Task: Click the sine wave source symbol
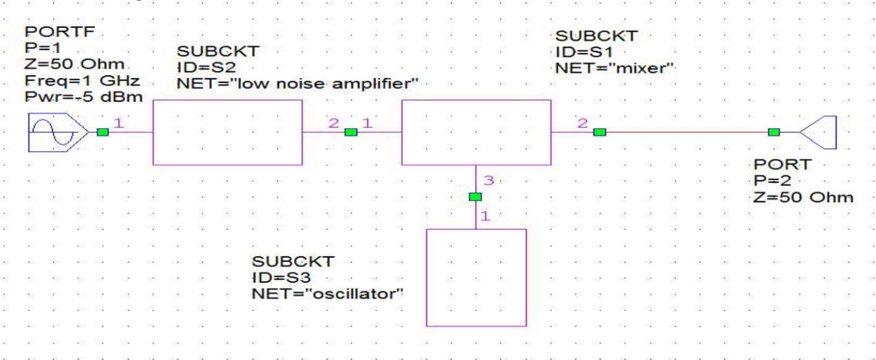coord(54,132)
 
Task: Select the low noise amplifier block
coord(227,132)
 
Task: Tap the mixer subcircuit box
coord(476,132)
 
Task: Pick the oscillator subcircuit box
coord(476,277)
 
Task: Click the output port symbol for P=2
coord(819,132)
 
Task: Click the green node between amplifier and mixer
coord(350,132)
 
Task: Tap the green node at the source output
coord(103,132)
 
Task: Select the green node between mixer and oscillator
coord(475,197)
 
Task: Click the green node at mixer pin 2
coord(599,132)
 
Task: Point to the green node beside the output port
coord(774,132)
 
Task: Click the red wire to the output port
coord(685,132)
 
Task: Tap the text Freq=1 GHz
coord(82,81)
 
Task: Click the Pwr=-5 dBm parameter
coord(83,97)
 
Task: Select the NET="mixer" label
coord(614,68)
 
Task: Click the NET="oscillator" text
coord(327,293)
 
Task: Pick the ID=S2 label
coord(206,67)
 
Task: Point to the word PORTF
coord(59,32)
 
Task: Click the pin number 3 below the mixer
coord(488,180)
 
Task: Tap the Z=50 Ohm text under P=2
coord(803,197)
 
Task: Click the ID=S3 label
coord(281,277)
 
